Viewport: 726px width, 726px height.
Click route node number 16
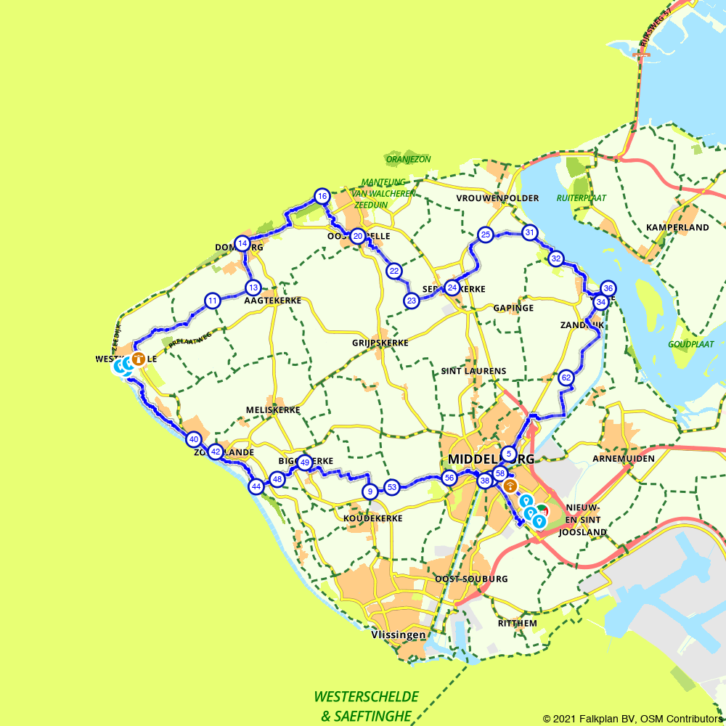pos(322,196)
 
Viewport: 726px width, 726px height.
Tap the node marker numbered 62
pos(566,378)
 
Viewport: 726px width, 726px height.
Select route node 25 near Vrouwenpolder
pos(485,234)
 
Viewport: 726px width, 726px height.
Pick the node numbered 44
pos(256,486)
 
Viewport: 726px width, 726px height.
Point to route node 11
pos(212,301)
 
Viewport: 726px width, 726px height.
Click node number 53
pos(392,487)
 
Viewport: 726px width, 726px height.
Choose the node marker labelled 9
pos(370,492)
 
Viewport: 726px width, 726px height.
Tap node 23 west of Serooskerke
pos(412,301)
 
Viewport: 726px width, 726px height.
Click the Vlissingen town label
pos(398,635)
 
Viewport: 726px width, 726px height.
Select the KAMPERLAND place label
pos(677,227)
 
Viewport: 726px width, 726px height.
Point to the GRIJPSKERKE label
pos(380,343)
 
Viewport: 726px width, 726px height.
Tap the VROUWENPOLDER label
pos(497,198)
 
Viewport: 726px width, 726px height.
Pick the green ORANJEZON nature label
pos(408,159)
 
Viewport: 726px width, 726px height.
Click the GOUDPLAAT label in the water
pos(691,343)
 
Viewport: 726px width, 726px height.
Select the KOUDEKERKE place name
pos(370,518)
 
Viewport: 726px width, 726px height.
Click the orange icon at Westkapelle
pos(138,359)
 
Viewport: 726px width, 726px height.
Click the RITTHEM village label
pos(517,623)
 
